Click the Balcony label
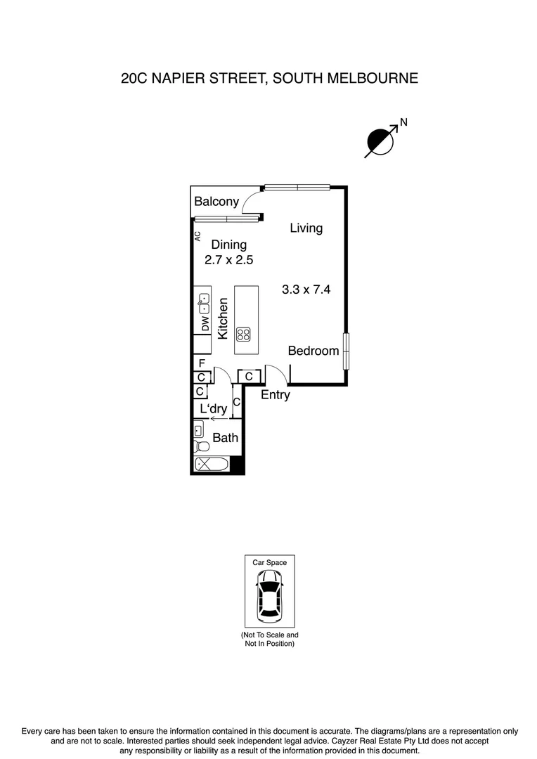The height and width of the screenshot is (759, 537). coord(216,202)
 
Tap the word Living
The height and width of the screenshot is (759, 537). coord(306,228)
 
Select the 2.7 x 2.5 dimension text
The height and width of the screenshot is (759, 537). coord(228,259)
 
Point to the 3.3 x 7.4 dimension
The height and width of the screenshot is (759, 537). coord(306,289)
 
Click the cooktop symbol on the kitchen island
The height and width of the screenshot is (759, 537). coord(244,333)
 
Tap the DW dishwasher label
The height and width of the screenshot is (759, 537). coord(205,325)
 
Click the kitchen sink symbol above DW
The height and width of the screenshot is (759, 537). coord(204,304)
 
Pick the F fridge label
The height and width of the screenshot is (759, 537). coord(202,363)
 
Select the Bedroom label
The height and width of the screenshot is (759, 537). coord(313,351)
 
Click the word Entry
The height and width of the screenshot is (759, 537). coord(275,395)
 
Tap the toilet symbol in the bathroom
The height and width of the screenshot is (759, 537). coord(201,446)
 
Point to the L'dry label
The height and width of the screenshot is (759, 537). coord(214,409)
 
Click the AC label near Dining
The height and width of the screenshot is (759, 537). coord(198,236)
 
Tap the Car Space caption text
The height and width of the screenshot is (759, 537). coord(270,562)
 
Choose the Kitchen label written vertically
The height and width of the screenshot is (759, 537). coord(223,319)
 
